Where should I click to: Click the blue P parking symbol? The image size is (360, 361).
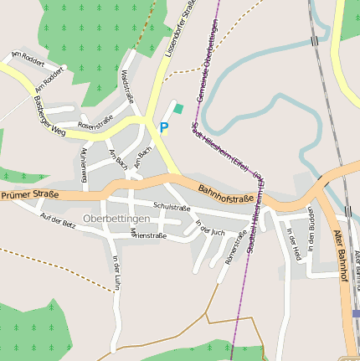click(x=164, y=127)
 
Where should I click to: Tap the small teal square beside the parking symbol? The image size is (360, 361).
click(x=177, y=108)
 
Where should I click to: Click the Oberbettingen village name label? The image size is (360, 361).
click(x=116, y=219)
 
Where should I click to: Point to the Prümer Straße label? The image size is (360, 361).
click(x=29, y=195)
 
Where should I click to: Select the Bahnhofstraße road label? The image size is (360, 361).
click(x=226, y=198)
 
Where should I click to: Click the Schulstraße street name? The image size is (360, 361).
click(x=172, y=208)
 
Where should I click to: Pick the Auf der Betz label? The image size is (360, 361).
click(x=58, y=221)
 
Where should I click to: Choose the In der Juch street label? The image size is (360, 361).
click(x=210, y=227)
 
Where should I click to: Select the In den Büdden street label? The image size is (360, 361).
click(x=311, y=229)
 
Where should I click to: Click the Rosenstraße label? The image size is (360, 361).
click(x=95, y=125)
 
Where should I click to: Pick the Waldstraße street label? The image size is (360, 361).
click(x=130, y=87)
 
